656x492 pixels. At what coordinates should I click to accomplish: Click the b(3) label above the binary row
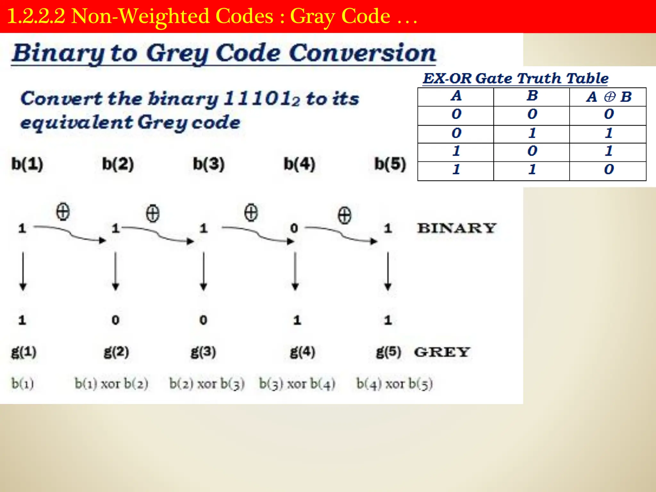pyautogui.click(x=209, y=164)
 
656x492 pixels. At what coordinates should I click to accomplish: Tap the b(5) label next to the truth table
pyautogui.click(x=390, y=164)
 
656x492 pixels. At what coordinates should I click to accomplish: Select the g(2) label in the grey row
pyautogui.click(x=116, y=352)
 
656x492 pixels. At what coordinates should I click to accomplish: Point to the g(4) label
pyautogui.click(x=302, y=352)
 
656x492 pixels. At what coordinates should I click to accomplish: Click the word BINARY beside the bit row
pyautogui.click(x=456, y=228)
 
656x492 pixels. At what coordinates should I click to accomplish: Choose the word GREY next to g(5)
pyautogui.click(x=442, y=352)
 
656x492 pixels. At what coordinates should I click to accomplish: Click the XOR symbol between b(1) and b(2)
pyautogui.click(x=63, y=212)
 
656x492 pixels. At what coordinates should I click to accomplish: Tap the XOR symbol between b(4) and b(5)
pyautogui.click(x=344, y=215)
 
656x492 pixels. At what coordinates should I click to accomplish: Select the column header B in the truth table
pyautogui.click(x=532, y=96)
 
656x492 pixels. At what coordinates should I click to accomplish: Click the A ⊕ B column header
pyautogui.click(x=609, y=97)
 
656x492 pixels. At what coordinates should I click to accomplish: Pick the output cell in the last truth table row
pyautogui.click(x=609, y=169)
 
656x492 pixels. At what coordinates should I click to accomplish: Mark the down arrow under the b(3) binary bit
pyautogui.click(x=203, y=271)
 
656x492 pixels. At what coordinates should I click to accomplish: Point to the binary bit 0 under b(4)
pyautogui.click(x=294, y=228)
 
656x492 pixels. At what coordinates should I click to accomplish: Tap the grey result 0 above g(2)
pyautogui.click(x=116, y=320)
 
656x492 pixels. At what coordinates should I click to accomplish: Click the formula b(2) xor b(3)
pyautogui.click(x=207, y=384)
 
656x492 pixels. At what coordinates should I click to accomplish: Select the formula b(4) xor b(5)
pyautogui.click(x=395, y=384)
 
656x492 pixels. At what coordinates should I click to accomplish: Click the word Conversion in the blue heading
pyautogui.click(x=362, y=53)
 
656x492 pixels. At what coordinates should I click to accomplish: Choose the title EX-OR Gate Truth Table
pyautogui.click(x=515, y=78)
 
